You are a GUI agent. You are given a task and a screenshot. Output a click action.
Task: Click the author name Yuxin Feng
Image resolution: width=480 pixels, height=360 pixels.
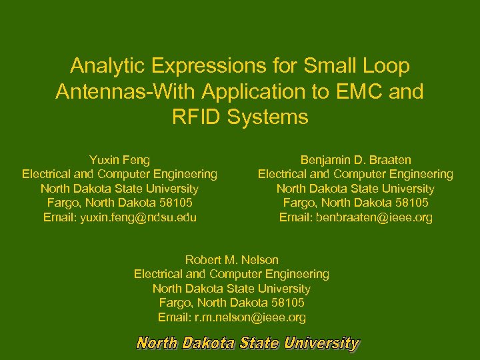tap(119, 160)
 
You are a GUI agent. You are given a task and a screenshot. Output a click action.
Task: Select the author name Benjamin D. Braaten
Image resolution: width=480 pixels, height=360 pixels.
tap(355, 160)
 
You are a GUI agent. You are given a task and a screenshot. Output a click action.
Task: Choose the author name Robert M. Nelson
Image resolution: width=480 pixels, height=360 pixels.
tap(231, 259)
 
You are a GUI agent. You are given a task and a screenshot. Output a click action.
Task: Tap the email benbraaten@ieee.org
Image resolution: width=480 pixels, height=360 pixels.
tap(375, 217)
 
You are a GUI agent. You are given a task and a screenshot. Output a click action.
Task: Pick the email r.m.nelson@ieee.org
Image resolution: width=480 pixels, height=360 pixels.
tap(251, 317)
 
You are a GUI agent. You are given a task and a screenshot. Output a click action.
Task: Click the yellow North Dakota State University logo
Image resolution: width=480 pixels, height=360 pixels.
tap(247, 343)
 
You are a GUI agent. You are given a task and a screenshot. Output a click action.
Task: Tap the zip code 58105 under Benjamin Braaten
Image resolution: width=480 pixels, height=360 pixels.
tap(413, 203)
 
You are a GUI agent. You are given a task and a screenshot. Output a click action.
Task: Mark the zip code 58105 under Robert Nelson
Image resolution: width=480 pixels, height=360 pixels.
tap(289, 303)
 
